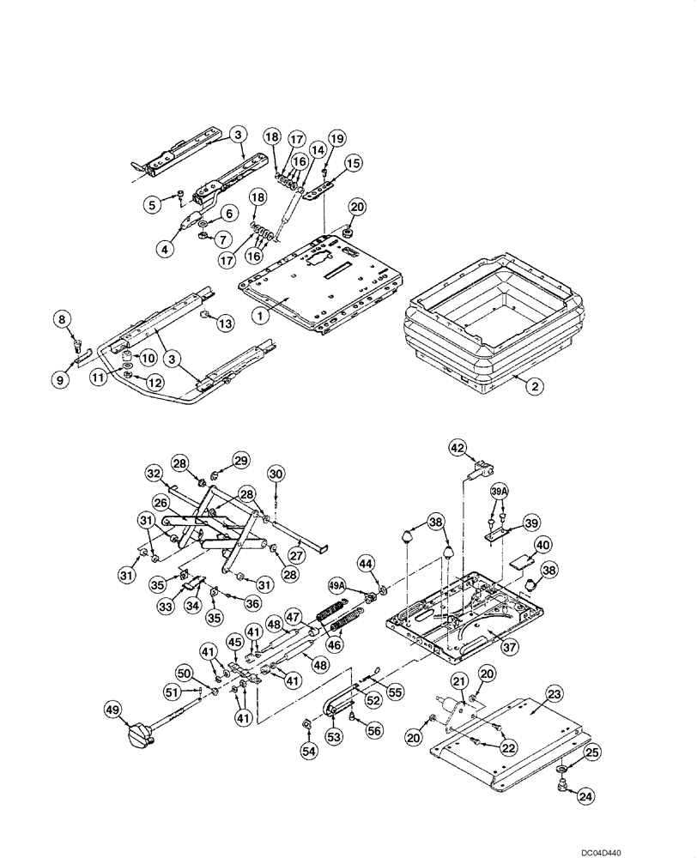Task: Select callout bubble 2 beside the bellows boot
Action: [533, 387]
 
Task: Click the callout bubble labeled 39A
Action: [500, 491]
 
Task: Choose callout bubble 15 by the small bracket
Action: [353, 162]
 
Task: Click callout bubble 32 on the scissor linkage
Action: [153, 473]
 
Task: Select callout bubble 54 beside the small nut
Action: [307, 752]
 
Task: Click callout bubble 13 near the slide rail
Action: [225, 323]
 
